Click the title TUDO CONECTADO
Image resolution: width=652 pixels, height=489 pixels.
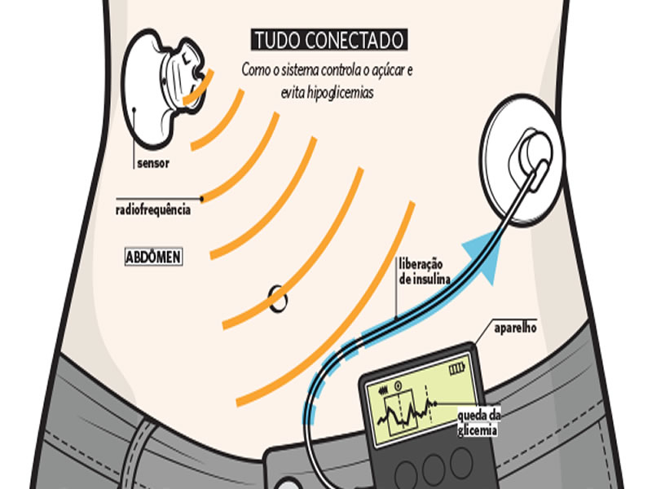(x=328, y=40)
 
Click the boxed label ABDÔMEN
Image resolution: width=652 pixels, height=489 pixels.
(x=152, y=257)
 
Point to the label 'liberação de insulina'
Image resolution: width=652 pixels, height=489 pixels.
(x=420, y=272)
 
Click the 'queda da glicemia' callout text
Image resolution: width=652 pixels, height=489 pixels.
(x=478, y=420)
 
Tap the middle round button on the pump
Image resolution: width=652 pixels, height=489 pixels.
(x=433, y=466)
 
